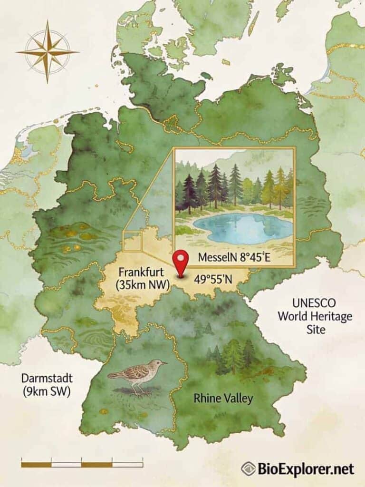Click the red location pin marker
(x=180, y=262)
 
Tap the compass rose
(x=47, y=51)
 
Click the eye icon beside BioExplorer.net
(x=248, y=469)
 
